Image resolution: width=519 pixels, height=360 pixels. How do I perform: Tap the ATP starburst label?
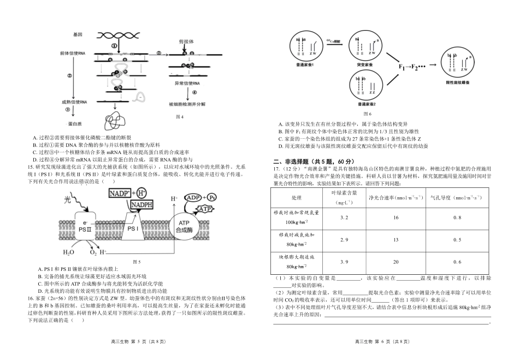tap(204, 209)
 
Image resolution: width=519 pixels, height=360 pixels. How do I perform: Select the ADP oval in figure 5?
tap(193, 197)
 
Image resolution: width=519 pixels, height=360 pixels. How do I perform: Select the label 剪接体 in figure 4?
tap(186, 41)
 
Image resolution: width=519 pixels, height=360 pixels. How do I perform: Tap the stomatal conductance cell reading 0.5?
tap(457, 240)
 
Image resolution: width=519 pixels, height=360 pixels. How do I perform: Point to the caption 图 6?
tap(367, 114)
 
